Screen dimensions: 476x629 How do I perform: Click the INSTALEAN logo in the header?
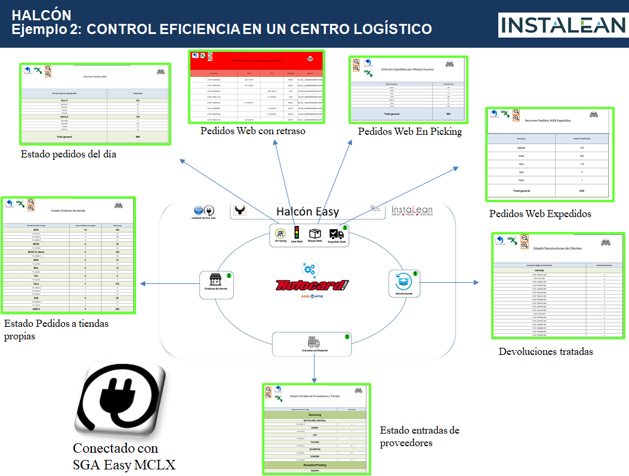[x=562, y=24]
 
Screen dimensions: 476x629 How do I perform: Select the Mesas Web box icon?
[x=315, y=235]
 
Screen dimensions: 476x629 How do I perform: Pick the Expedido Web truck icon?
[x=337, y=235]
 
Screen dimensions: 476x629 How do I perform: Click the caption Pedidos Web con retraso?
[x=253, y=131]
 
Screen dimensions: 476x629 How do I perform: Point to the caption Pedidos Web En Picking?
[x=409, y=131]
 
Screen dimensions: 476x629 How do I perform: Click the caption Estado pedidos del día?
[x=68, y=154]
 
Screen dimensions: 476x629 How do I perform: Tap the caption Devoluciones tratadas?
[x=545, y=351]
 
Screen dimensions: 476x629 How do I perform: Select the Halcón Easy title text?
[x=307, y=211]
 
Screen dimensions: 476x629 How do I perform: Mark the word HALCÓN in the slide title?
[x=41, y=15]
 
